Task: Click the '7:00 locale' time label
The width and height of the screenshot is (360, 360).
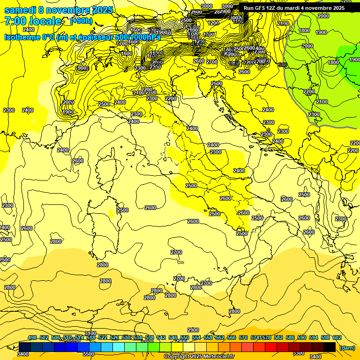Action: coord(33,22)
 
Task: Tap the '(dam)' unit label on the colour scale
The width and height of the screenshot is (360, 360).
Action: coord(347,348)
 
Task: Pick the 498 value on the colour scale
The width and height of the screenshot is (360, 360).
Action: coord(32,337)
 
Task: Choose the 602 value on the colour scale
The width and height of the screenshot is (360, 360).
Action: coord(337,337)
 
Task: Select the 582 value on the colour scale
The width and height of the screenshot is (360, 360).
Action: coord(290,337)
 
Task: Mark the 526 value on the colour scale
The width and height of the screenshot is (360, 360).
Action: coord(114,337)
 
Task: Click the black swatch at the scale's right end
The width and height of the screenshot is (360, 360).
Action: coord(330,347)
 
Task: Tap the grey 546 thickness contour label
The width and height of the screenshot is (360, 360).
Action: coord(282,65)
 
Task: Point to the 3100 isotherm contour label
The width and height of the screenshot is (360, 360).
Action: coord(90,333)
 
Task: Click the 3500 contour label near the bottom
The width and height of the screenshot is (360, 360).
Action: coord(88,354)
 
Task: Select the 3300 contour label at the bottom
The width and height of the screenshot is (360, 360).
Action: coord(298,353)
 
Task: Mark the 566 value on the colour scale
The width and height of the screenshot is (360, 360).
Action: coord(231,337)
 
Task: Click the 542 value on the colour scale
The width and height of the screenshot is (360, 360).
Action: coord(161,337)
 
